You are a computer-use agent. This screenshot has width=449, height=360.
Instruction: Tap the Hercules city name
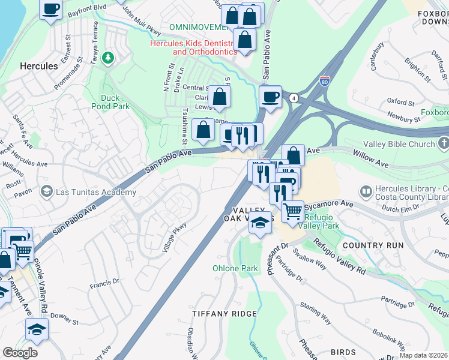click(38, 65)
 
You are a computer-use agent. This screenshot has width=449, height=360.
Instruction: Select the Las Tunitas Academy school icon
click(46, 192)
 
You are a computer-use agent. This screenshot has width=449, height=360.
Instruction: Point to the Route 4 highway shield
click(294, 97)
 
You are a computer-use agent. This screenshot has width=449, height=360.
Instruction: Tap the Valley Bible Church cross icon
click(443, 144)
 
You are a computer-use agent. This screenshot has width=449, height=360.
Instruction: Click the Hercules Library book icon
click(365, 192)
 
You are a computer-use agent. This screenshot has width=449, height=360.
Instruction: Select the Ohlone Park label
click(230, 268)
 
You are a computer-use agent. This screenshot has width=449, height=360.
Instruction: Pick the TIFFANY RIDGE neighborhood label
click(224, 314)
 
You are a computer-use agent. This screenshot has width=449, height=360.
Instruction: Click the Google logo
click(20, 353)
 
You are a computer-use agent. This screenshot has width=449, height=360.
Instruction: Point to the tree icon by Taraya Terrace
click(108, 58)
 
